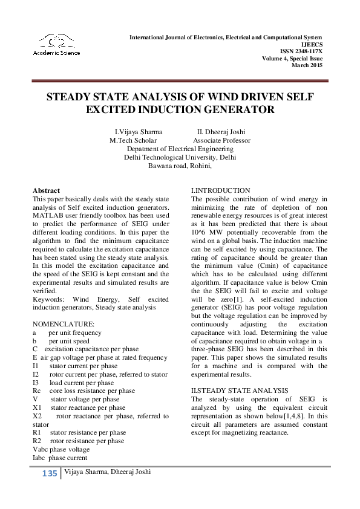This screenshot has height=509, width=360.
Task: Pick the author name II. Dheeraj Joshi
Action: [x=221, y=132]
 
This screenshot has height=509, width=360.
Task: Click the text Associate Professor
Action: [x=221, y=140]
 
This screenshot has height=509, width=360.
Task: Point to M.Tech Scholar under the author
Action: [x=133, y=140]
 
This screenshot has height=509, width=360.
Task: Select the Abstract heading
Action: [x=46, y=190]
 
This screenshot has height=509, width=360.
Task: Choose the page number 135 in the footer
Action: [x=50, y=473]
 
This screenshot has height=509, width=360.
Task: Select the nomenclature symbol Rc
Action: [x=36, y=391]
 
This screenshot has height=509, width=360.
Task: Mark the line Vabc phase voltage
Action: [x=61, y=449]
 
